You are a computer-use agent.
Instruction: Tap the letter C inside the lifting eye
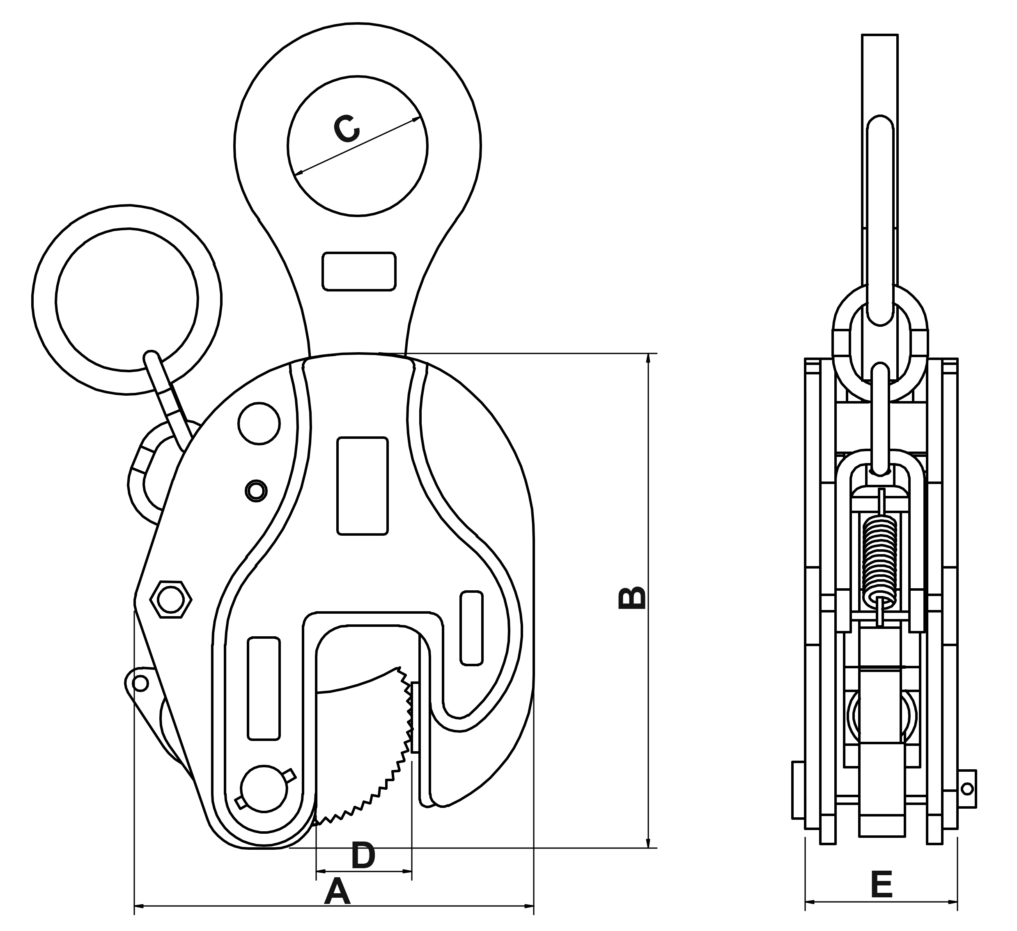coord(347,129)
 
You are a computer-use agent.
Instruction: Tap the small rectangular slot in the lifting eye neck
coord(359,271)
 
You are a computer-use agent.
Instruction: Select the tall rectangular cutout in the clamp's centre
coord(362,486)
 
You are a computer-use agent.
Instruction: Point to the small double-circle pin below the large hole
coord(256,490)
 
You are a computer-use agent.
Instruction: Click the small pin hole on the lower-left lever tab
coord(141,684)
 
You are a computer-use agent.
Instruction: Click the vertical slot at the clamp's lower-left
coord(263,688)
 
